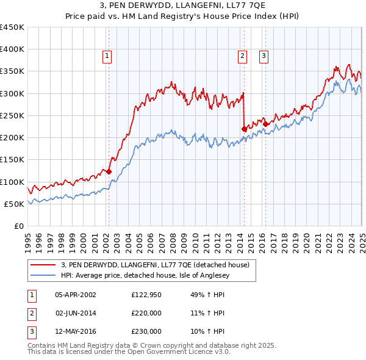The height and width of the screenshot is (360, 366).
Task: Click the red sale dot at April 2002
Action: tap(109, 171)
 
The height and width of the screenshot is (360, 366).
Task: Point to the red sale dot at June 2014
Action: tap(244, 129)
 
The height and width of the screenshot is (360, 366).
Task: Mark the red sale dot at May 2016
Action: tap(266, 124)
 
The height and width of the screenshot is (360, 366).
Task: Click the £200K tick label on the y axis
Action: tap(13, 138)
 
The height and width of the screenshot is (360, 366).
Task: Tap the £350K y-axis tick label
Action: tap(13, 71)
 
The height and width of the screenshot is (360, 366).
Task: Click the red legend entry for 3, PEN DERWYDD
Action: tap(155, 265)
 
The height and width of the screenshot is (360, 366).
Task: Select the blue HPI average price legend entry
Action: tap(151, 275)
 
